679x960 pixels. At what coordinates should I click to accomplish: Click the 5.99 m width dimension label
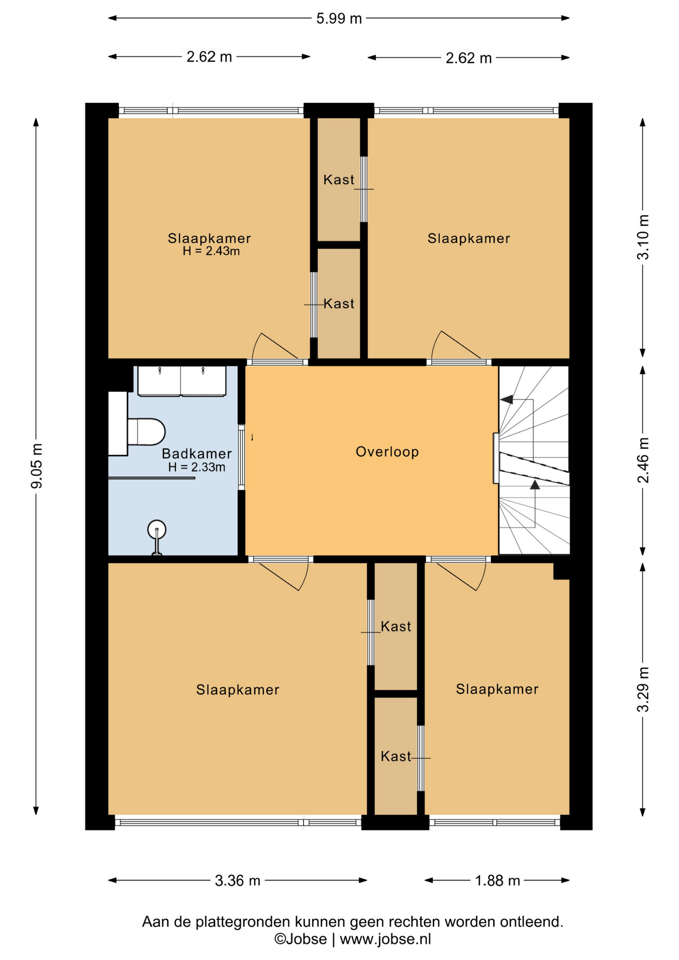tap(338, 18)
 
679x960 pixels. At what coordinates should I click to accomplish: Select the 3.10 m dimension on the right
tap(643, 237)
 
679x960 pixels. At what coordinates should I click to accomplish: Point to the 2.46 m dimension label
tap(643, 460)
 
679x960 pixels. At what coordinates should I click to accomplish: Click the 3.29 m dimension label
tap(643, 689)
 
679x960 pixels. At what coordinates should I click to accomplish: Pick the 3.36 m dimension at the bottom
tap(237, 880)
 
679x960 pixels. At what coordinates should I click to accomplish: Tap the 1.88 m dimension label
tap(497, 880)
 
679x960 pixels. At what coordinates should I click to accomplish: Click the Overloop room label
tap(387, 452)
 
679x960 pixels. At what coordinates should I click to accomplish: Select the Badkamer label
tap(196, 453)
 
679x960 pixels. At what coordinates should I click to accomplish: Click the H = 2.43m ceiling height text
tap(211, 251)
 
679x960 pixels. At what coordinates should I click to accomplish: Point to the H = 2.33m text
tap(196, 467)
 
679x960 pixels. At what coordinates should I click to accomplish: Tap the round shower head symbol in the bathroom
tap(156, 529)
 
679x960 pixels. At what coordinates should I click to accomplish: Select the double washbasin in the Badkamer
tap(181, 381)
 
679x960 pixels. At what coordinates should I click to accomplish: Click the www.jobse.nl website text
tap(385, 939)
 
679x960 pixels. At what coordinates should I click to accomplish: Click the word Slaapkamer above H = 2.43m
tap(209, 238)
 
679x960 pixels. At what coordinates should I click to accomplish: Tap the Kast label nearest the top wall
tap(338, 179)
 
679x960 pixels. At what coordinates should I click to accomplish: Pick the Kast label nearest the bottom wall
tap(396, 756)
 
